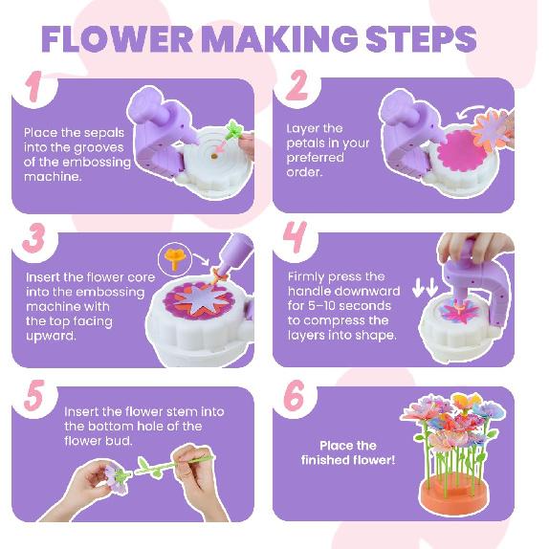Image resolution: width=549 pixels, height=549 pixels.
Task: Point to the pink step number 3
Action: (x=33, y=238)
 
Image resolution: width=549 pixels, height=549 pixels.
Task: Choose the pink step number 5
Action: (x=33, y=395)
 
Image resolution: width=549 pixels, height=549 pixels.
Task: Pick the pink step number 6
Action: (x=297, y=394)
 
